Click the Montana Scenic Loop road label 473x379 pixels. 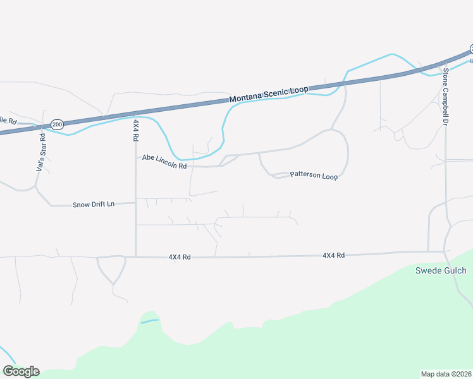pos(269,94)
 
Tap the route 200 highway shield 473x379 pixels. pos(58,124)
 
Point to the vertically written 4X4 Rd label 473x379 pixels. pos(135,130)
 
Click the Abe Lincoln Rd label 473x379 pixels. pos(164,162)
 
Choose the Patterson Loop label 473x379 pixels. pos(314,175)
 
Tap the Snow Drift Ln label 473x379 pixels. pos(94,204)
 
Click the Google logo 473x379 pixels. pos(21,371)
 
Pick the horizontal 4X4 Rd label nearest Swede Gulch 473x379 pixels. pos(333,255)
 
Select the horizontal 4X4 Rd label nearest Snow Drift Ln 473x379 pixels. pos(180,257)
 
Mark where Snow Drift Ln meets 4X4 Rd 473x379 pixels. pos(136,203)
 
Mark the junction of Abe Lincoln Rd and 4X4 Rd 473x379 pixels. pos(136,157)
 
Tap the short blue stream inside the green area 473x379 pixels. pos(150,322)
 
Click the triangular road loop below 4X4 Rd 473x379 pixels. pos(111,268)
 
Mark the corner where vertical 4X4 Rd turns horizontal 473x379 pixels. pos(136,256)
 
